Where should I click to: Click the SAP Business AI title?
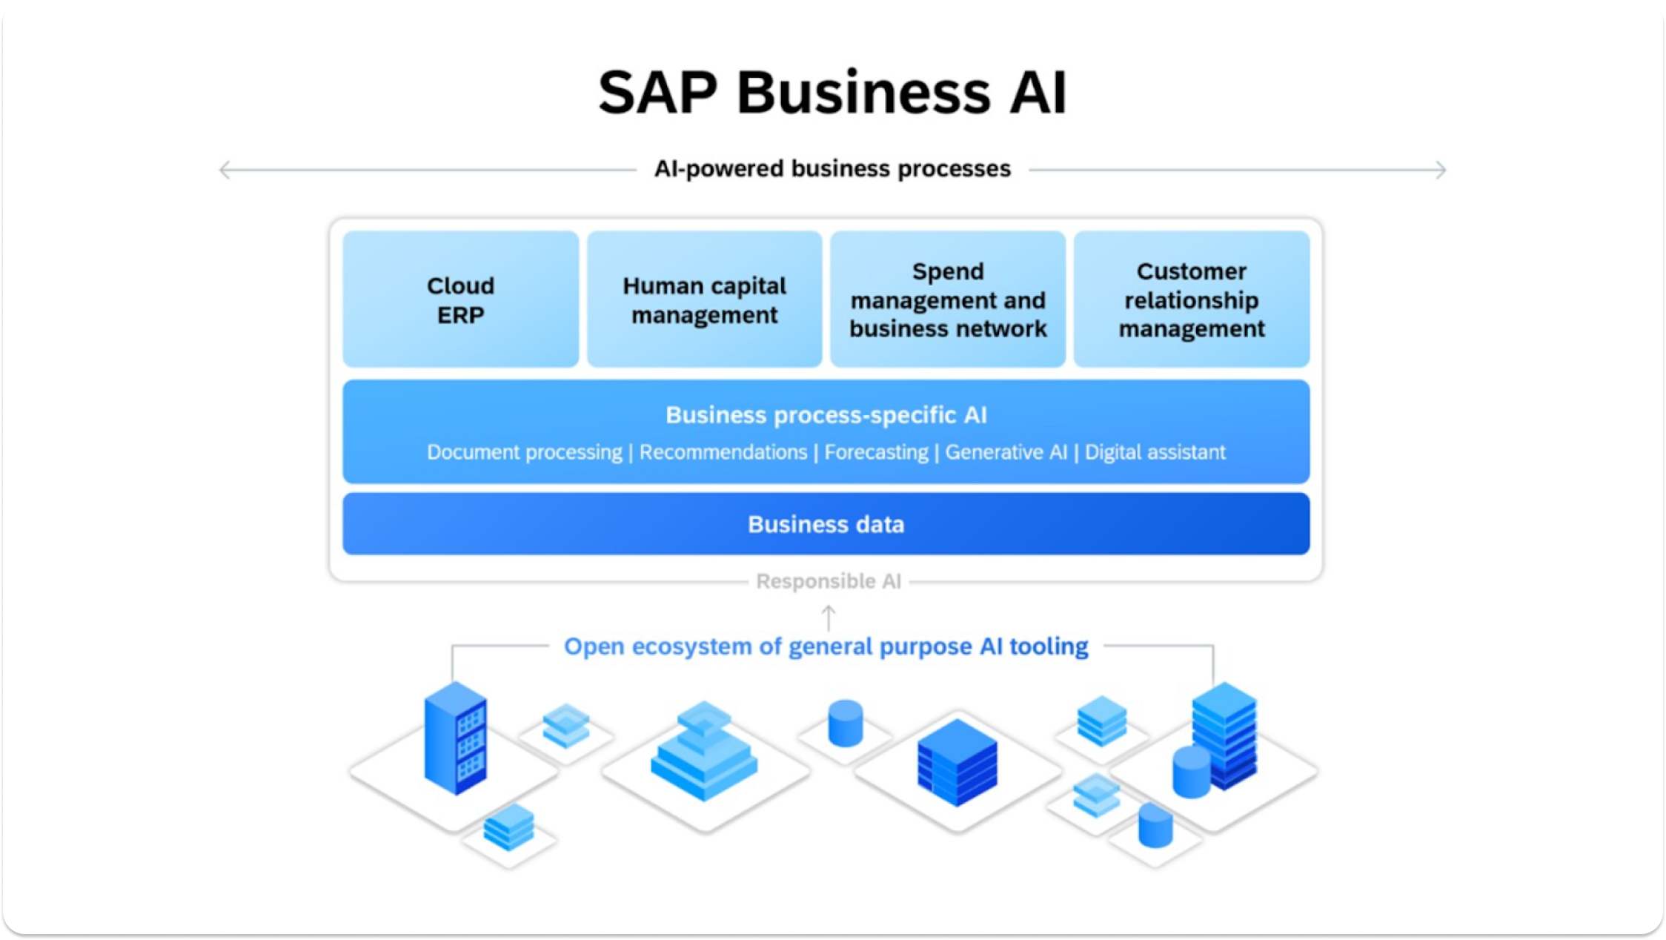tap(832, 93)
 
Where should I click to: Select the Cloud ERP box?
tap(460, 299)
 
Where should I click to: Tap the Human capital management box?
tap(704, 299)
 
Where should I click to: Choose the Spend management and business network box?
tap(948, 299)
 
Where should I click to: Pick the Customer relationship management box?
tap(1191, 299)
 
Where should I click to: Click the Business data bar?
tap(826, 524)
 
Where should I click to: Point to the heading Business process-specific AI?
tap(826, 415)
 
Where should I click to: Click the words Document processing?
tap(524, 452)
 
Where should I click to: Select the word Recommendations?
tap(723, 452)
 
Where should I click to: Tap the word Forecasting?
tap(876, 452)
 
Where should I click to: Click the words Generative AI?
tap(1006, 452)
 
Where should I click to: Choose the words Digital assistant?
tap(1155, 452)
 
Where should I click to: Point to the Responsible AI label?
tap(828, 581)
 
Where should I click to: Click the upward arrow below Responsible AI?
tap(829, 617)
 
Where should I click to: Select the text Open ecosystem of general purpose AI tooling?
tap(826, 646)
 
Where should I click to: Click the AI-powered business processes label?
tap(832, 169)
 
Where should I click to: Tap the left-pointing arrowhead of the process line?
tap(224, 170)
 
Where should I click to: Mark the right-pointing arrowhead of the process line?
tap(1441, 170)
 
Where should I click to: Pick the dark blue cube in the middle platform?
tap(957, 762)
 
